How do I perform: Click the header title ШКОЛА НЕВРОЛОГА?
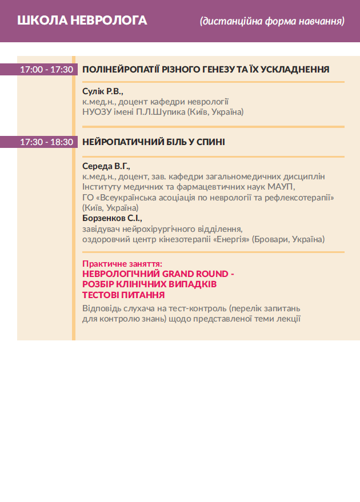point(82,21)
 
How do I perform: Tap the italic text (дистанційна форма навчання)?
point(272,22)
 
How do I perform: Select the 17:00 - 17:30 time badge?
point(46,70)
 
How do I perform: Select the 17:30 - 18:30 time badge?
point(46,142)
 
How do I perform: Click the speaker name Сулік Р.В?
point(103,91)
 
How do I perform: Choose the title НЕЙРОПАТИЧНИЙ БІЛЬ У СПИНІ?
point(154,142)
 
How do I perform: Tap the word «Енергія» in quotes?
point(230,239)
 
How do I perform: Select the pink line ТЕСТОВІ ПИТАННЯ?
point(123,295)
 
